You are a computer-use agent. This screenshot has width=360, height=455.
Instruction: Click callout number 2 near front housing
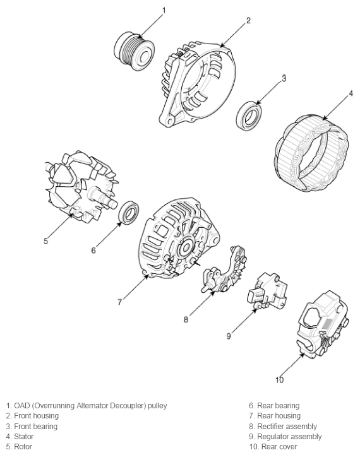[248, 21]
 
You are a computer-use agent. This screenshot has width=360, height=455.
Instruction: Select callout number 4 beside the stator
[351, 95]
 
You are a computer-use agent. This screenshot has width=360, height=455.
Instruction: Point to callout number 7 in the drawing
[119, 302]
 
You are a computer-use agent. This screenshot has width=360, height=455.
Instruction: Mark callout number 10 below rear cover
[279, 380]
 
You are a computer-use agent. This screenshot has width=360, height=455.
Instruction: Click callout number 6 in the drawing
[93, 251]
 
